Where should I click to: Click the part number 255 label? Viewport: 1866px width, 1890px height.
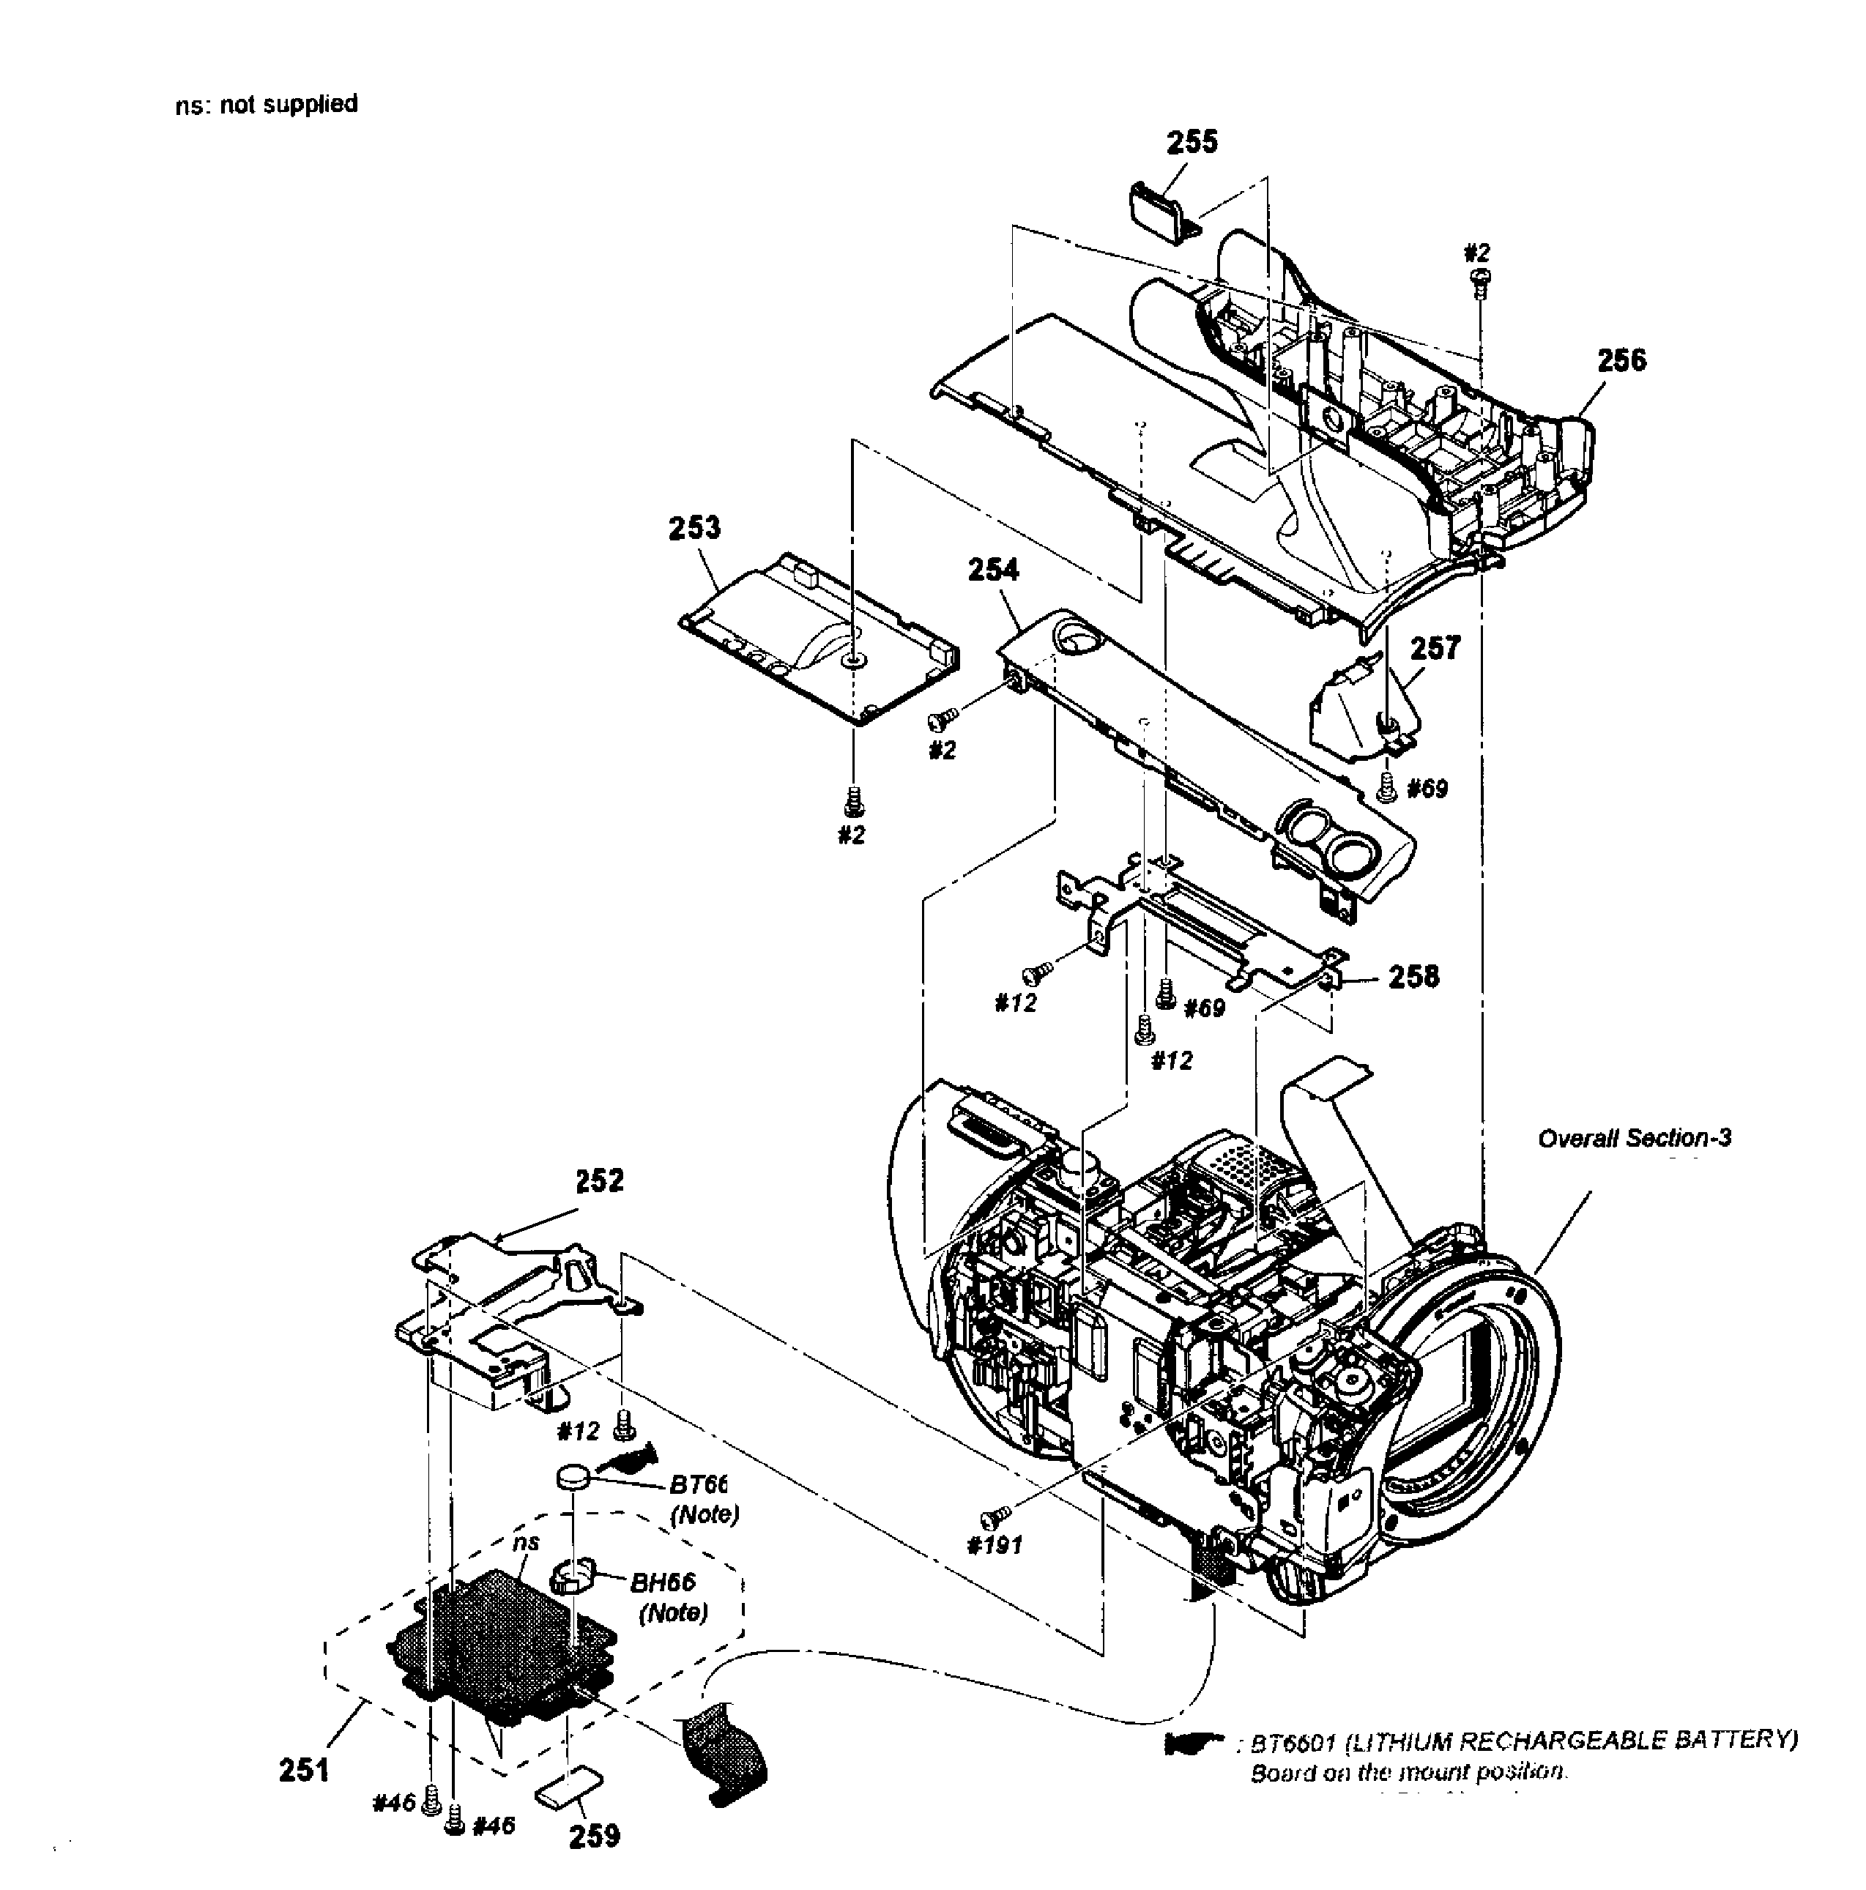pyautogui.click(x=1191, y=143)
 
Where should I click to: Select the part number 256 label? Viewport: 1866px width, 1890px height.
pyautogui.click(x=1621, y=361)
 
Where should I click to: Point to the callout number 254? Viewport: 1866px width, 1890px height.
pyautogui.click(x=992, y=570)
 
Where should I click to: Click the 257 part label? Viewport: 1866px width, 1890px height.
pyautogui.click(x=1435, y=649)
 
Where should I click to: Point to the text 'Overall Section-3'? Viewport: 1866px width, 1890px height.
pyautogui.click(x=1633, y=1138)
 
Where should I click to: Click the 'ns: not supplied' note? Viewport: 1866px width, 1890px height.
pyautogui.click(x=266, y=104)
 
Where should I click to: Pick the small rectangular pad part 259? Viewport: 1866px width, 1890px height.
pyautogui.click(x=570, y=1791)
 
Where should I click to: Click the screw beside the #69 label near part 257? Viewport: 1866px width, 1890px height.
pyautogui.click(x=1385, y=784)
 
